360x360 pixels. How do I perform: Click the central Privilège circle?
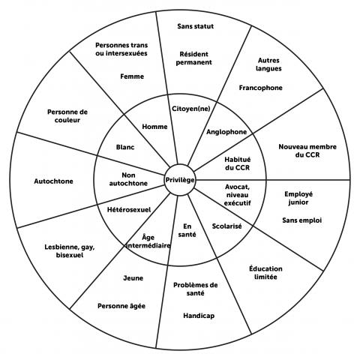pyautogui.click(x=180, y=180)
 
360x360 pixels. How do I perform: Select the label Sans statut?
pyautogui.click(x=195, y=26)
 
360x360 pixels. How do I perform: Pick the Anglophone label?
pyautogui.click(x=226, y=132)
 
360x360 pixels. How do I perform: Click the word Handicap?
pyautogui.click(x=198, y=316)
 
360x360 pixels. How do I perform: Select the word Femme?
pyautogui.click(x=132, y=76)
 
